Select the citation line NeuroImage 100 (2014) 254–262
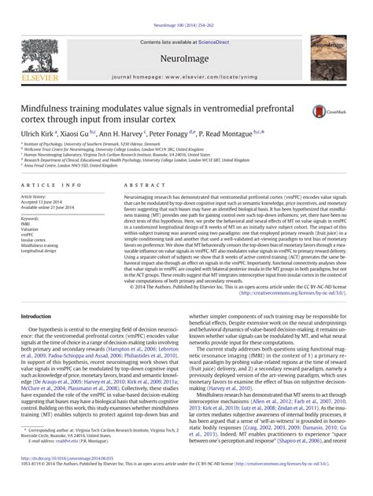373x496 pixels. [x=186, y=5]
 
